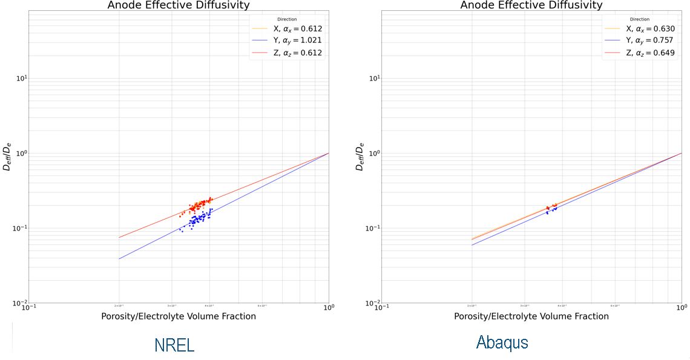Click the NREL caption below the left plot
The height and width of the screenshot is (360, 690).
tap(174, 345)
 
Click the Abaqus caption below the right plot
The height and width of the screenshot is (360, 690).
tap(502, 342)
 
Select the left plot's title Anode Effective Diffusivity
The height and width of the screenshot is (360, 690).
tap(179, 5)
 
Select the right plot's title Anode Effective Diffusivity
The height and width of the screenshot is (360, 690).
tap(531, 5)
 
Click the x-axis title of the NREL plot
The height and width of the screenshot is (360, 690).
tap(179, 316)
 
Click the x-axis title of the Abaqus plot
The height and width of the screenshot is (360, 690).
tap(531, 316)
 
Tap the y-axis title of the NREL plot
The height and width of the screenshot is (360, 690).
tap(7, 157)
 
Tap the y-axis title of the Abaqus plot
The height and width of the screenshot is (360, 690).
tap(360, 157)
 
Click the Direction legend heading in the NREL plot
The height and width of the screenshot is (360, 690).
tap(287, 19)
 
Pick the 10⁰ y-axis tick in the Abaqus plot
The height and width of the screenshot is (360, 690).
tap(372, 153)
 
